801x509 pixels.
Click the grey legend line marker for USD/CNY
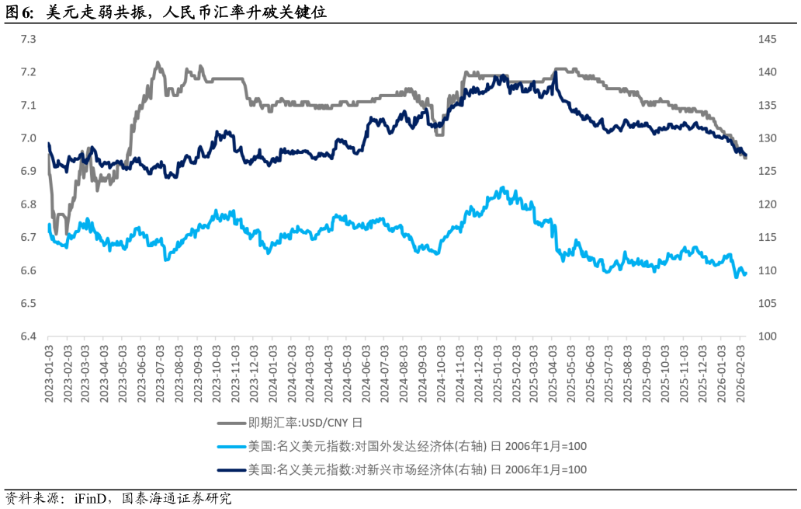click(231, 424)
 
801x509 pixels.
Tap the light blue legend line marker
click(231, 447)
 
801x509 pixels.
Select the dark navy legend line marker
click(231, 470)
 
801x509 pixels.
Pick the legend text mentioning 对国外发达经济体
click(417, 447)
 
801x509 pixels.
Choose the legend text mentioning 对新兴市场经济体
click(417, 470)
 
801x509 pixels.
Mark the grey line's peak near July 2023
click(158, 63)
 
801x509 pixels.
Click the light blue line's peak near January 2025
click(503, 187)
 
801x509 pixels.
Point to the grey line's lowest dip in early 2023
click(56, 232)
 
